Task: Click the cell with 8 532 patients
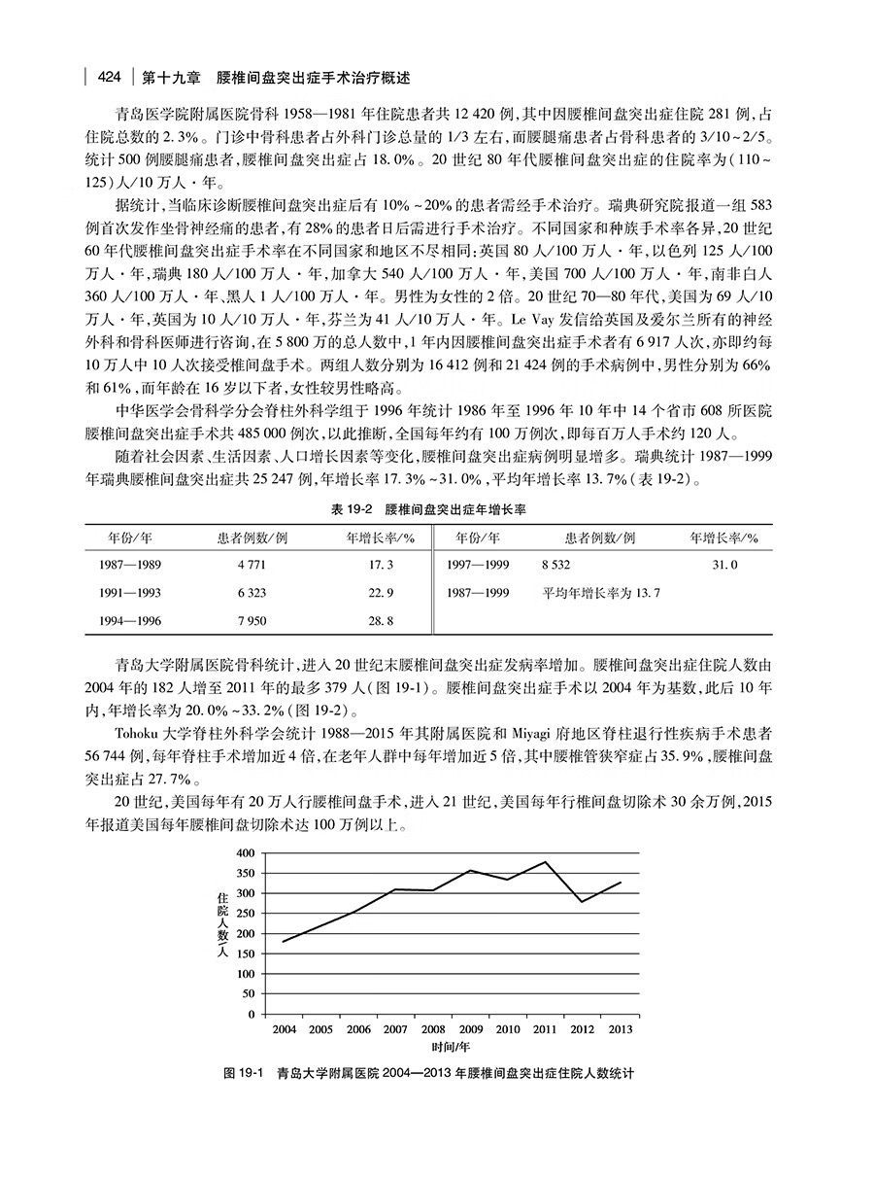click(x=556, y=564)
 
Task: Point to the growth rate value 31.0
click(x=725, y=564)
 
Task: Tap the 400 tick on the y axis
click(x=244, y=852)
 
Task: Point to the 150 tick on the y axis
click(x=244, y=954)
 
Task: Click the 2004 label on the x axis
click(x=285, y=1028)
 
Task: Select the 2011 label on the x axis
click(x=545, y=1028)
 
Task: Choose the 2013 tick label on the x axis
click(x=620, y=1028)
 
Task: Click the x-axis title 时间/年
click(x=452, y=1047)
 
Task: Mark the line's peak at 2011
click(x=545, y=861)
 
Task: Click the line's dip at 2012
click(x=583, y=902)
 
